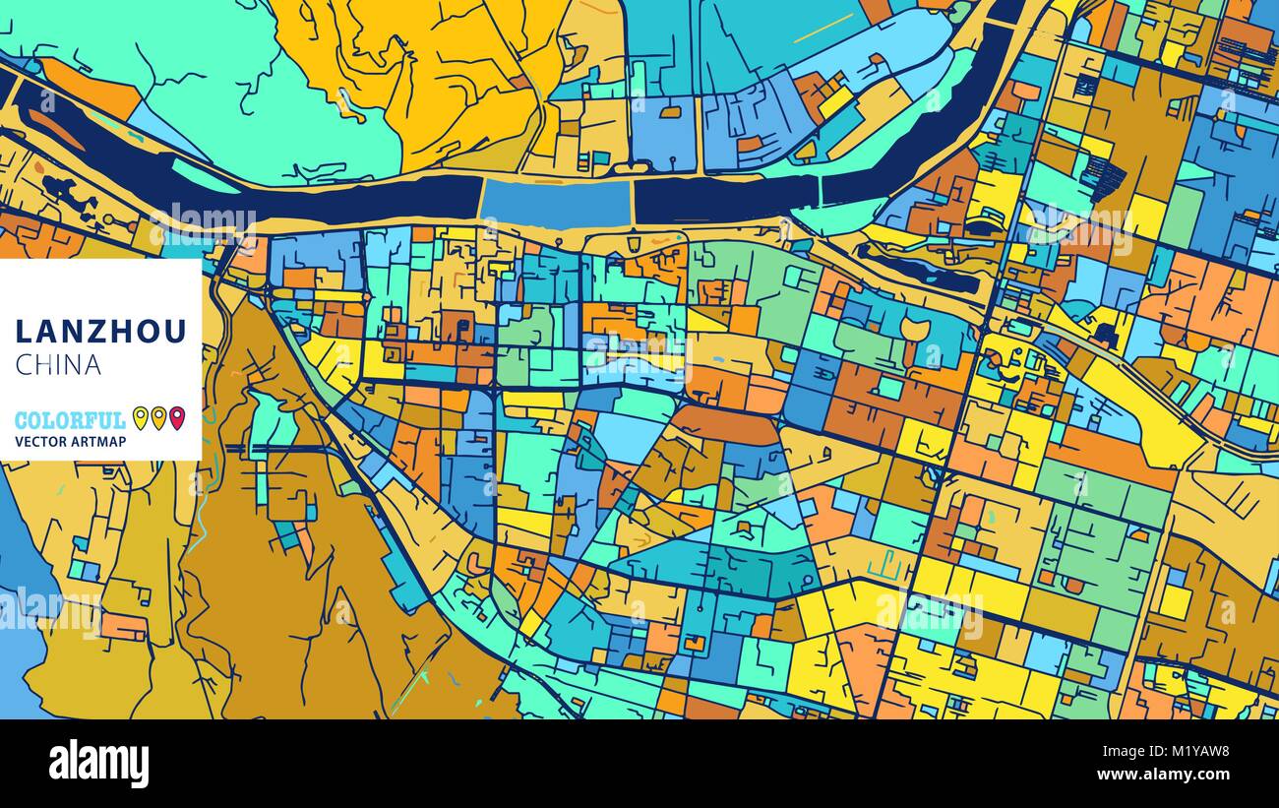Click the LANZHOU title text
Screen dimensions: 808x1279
100,332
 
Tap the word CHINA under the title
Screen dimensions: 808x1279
58,365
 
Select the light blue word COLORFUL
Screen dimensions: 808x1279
70,420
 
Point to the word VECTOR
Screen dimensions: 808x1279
40,442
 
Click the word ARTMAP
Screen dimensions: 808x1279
98,442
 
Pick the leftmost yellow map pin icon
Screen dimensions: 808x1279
140,418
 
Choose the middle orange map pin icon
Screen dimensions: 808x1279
157,418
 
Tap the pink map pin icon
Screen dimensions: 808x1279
176,418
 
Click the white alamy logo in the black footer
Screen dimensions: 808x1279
98,764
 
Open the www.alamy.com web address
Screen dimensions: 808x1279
1174,775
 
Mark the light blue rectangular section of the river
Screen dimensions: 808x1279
556,202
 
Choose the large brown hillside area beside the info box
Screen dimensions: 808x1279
285,590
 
